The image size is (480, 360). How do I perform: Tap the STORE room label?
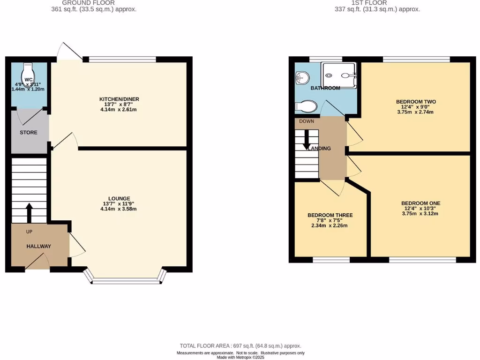[28, 133]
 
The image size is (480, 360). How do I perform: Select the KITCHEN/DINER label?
[119, 99]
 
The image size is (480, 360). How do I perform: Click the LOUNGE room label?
[119, 198]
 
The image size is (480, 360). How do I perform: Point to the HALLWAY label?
[38, 246]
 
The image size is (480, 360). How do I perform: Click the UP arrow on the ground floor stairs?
[29, 213]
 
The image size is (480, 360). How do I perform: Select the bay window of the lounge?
[125, 280]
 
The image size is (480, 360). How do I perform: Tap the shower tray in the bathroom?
[339, 75]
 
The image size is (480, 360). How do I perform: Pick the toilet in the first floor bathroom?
[305, 106]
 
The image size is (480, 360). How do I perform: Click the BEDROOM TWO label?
[416, 102]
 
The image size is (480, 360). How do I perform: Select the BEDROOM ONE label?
[420, 203]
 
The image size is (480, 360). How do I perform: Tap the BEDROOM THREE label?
[330, 215]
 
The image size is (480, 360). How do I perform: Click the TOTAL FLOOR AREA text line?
[240, 346]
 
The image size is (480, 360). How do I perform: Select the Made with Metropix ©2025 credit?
[240, 357]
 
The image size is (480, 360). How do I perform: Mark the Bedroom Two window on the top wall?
[416, 59]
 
